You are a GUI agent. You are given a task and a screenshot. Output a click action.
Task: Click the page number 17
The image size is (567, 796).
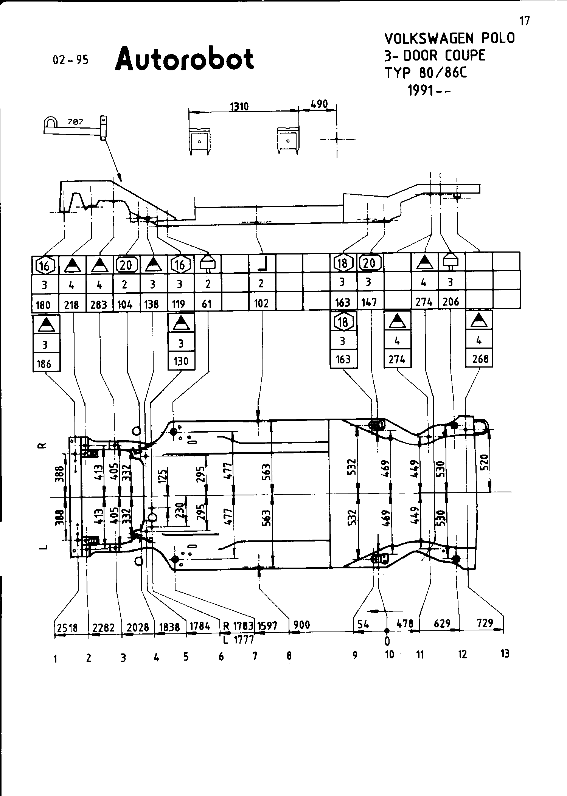[x=525, y=21]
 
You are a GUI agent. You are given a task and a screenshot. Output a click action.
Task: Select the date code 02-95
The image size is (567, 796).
[x=71, y=60]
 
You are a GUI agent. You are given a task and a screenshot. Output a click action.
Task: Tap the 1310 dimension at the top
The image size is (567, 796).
[x=239, y=107]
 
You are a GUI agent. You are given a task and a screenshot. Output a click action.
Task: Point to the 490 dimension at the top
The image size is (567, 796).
[x=319, y=104]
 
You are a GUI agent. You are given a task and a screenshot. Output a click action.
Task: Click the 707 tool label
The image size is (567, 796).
[x=76, y=122]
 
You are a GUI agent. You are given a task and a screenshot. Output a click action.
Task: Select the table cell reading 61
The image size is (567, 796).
[x=207, y=304]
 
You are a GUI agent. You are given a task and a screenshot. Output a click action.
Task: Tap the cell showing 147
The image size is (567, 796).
[x=369, y=302]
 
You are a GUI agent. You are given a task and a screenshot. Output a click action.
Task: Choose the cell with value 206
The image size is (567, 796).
[x=450, y=301]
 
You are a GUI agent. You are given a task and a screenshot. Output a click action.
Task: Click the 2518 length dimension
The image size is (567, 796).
[x=67, y=628]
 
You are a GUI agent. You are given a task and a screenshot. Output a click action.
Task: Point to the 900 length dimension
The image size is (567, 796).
[x=302, y=625]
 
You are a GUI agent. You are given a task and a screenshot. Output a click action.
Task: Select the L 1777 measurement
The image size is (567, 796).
[x=238, y=640]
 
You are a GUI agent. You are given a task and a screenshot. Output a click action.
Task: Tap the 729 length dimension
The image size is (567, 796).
[x=485, y=623]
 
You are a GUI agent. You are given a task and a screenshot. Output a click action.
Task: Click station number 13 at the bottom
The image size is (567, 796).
[x=505, y=653]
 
